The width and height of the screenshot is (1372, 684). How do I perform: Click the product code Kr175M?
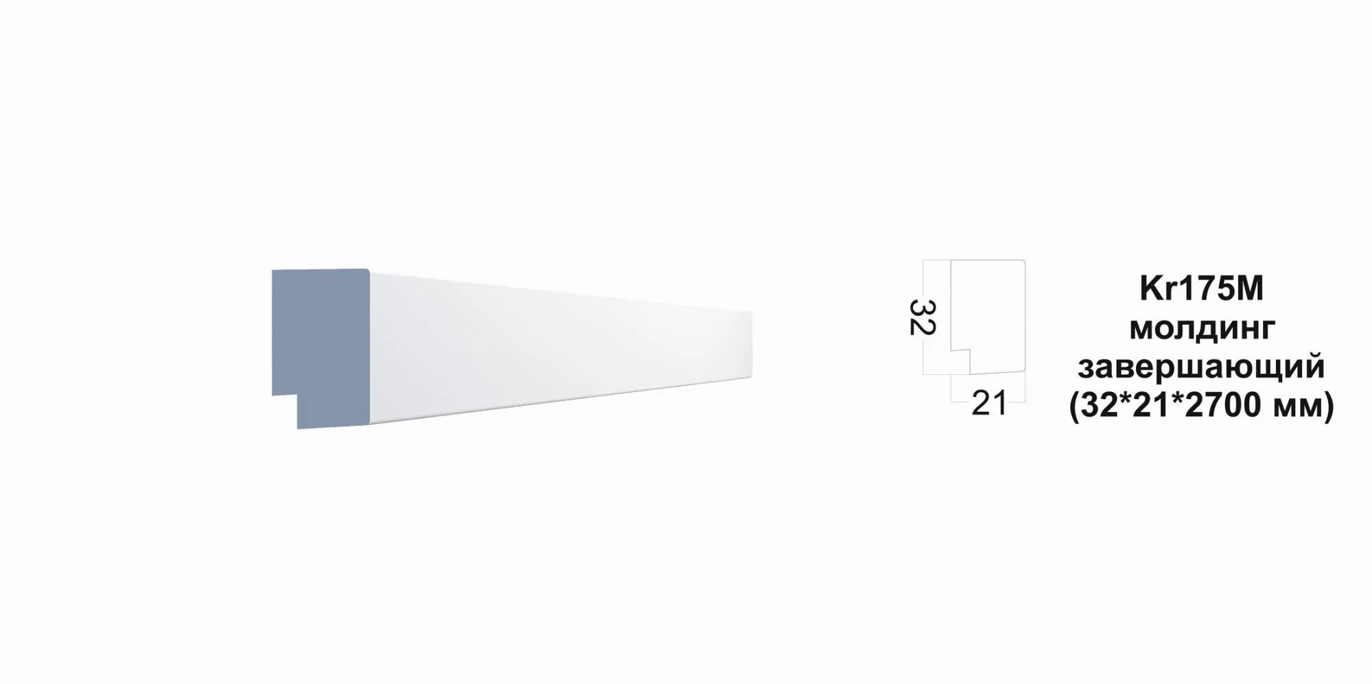click(x=1201, y=289)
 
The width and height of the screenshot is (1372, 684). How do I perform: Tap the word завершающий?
click(x=1201, y=367)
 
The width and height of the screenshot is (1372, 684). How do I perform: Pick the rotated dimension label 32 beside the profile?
click(x=922, y=317)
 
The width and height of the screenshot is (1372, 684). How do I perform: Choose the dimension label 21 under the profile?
click(x=989, y=404)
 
